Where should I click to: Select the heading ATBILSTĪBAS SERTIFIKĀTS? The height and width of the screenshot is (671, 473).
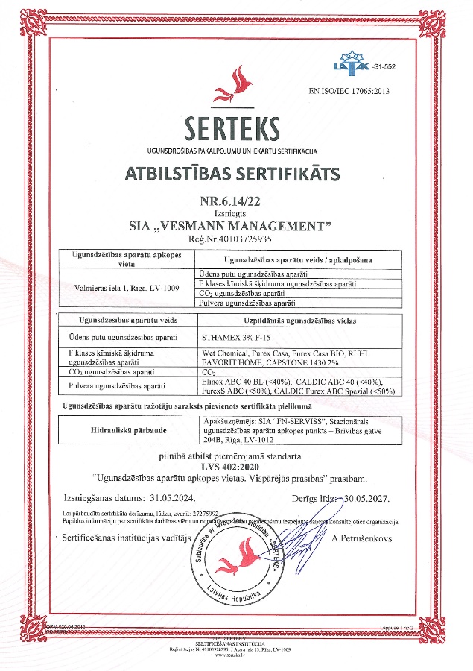236,174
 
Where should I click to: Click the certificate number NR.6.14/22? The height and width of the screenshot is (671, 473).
235,201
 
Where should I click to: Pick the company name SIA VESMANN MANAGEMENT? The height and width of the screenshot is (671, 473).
235,225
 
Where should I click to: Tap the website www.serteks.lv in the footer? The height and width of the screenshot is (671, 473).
235,655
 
